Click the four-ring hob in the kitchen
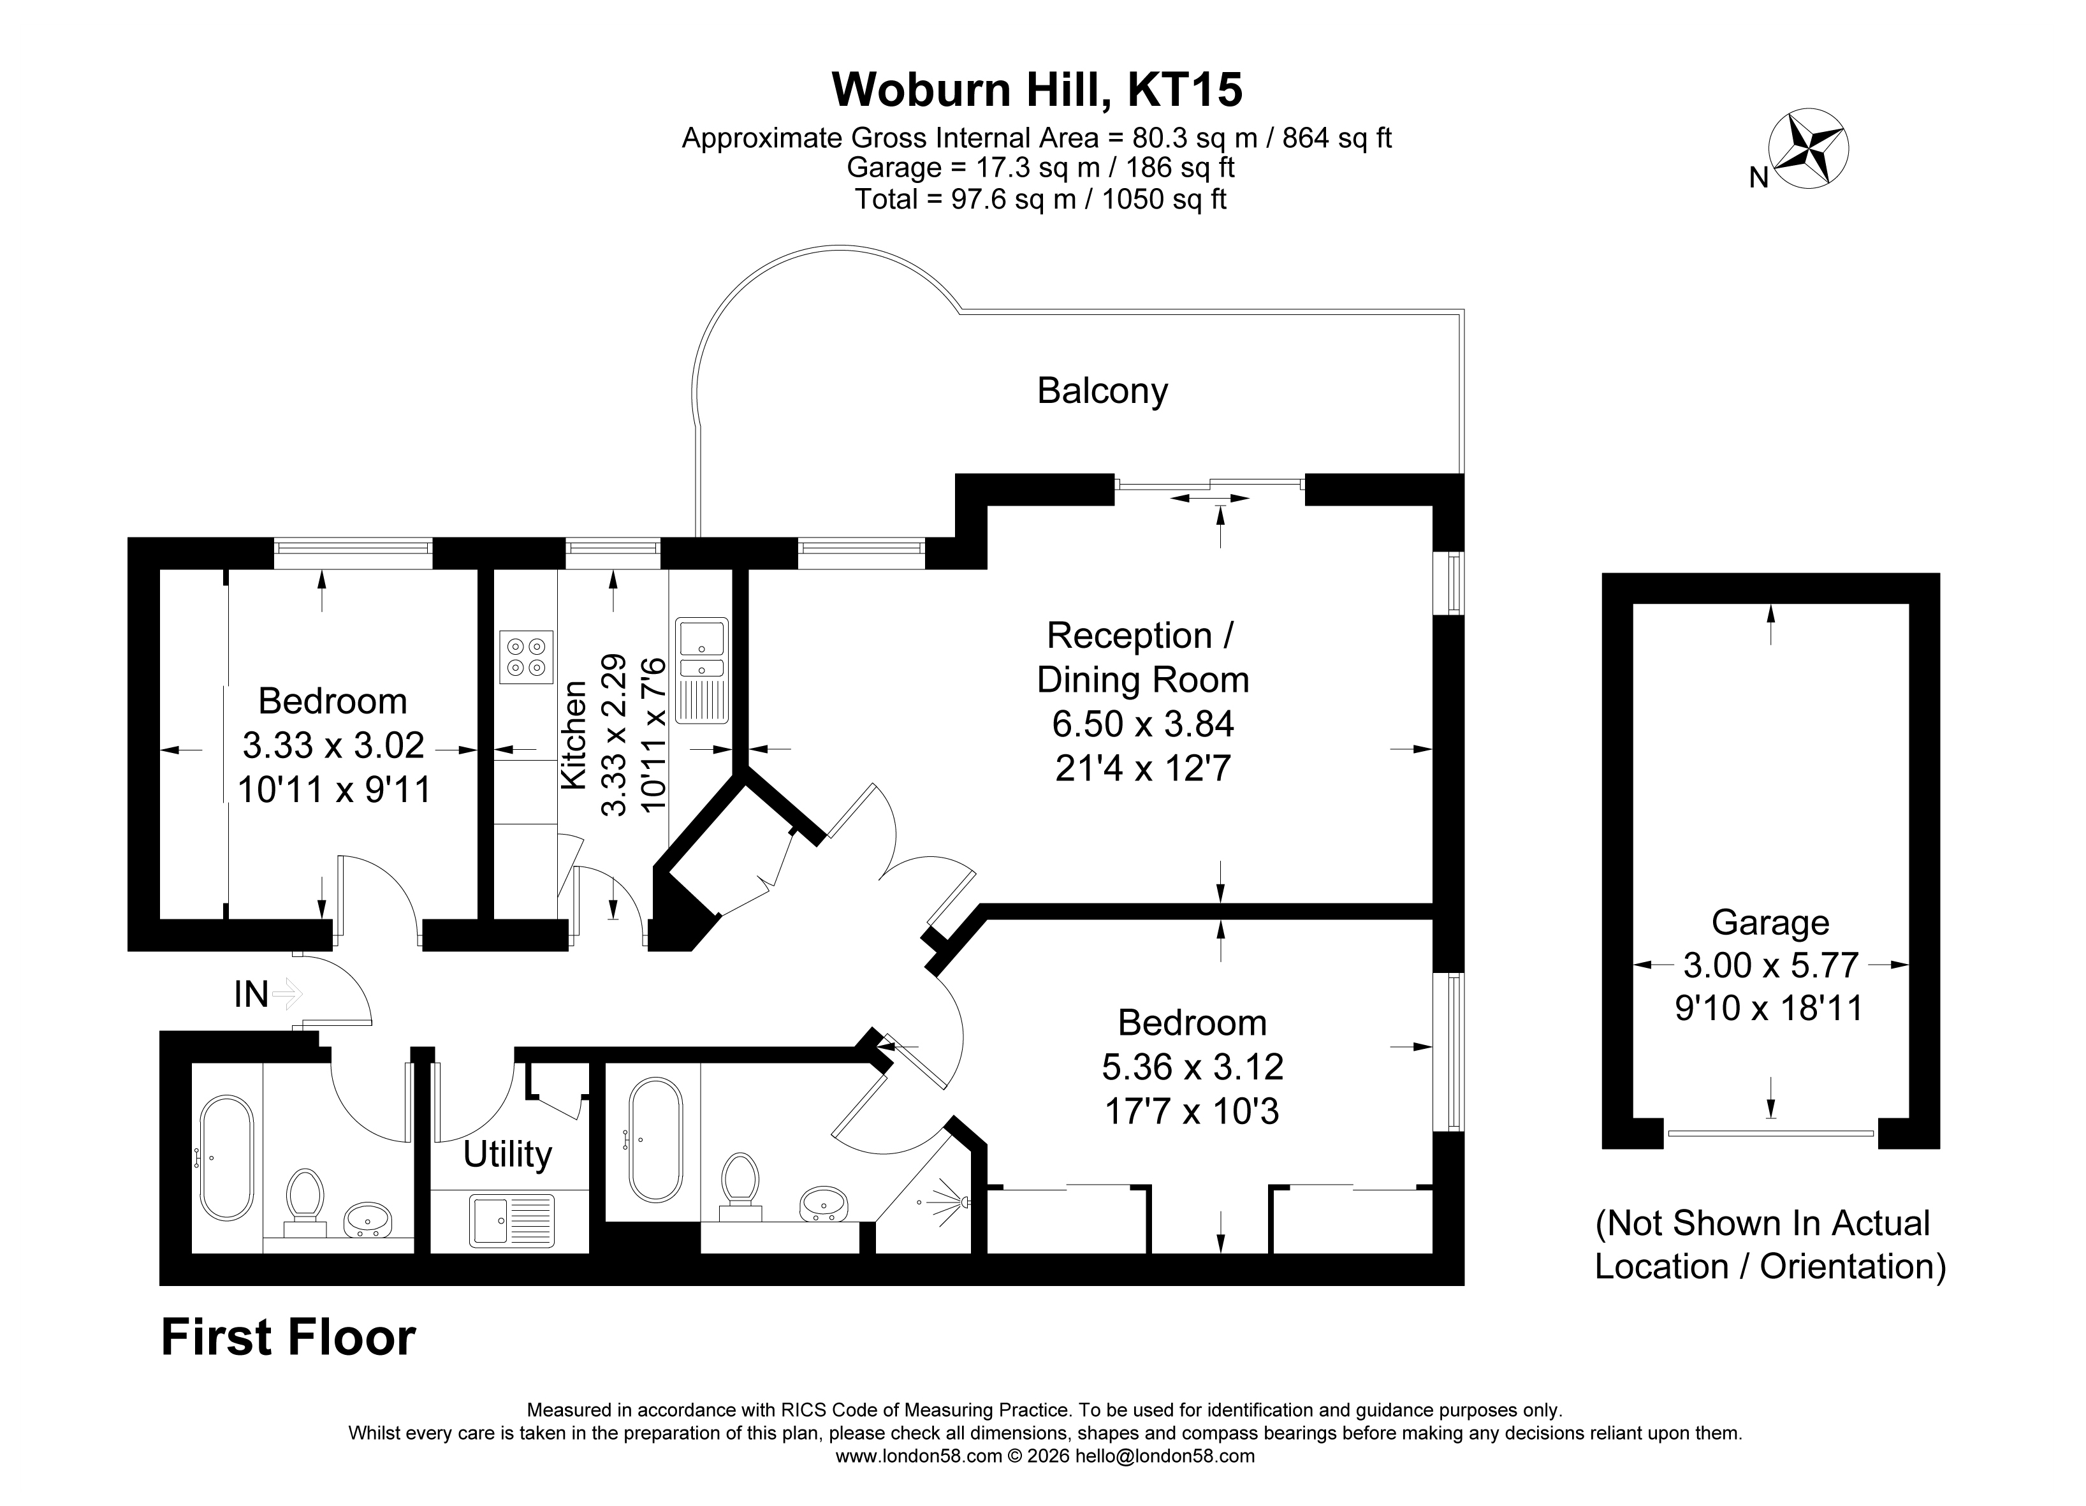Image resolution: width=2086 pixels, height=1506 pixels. [526, 657]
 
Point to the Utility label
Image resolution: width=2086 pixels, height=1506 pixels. [507, 1155]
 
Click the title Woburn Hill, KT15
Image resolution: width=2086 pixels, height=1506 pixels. [1037, 89]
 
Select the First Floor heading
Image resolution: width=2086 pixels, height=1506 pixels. [288, 1338]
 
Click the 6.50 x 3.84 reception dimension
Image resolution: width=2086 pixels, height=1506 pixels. [1142, 724]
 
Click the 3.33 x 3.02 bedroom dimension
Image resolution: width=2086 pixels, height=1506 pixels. [333, 745]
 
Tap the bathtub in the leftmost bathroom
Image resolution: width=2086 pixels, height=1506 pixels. [226, 1159]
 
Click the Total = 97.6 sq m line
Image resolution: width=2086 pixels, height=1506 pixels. [1040, 199]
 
